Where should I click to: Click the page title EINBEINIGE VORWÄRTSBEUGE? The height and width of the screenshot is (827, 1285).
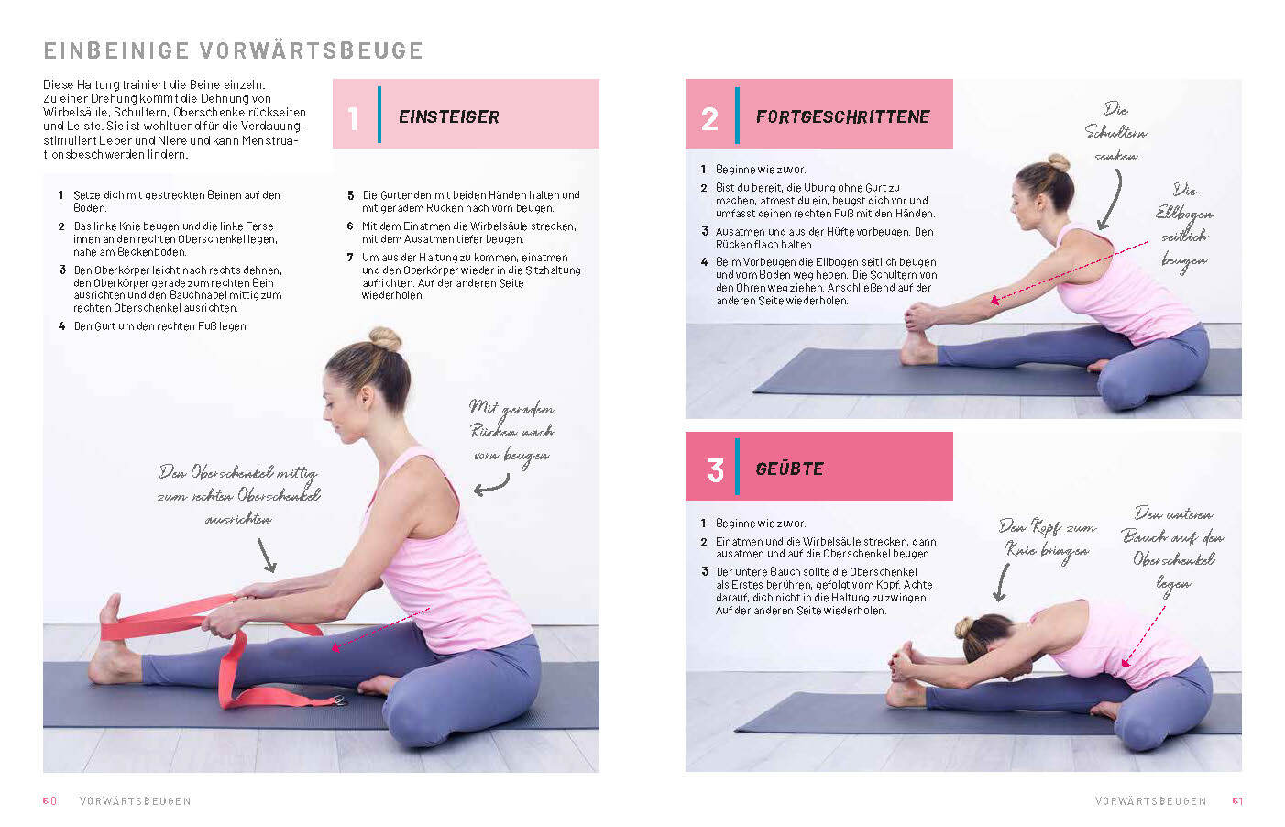[x=234, y=50]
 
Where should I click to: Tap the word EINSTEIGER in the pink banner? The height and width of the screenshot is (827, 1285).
[x=448, y=117]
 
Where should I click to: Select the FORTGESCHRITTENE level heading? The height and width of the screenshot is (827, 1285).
[x=842, y=117]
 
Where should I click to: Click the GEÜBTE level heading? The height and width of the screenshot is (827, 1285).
[x=789, y=469]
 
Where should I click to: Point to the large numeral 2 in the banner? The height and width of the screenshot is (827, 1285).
[x=709, y=119]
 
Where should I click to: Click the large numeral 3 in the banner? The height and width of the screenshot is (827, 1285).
[x=715, y=470]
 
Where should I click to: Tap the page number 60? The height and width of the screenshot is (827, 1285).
[x=49, y=800]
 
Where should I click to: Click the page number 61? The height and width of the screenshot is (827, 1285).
[x=1237, y=800]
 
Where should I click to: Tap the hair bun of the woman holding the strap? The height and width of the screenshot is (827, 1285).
[x=385, y=338]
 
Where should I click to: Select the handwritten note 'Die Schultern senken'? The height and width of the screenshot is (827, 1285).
[x=1115, y=133]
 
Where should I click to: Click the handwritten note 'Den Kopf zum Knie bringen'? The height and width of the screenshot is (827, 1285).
[x=1047, y=539]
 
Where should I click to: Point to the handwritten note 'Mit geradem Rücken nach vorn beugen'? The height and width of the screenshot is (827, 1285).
[x=511, y=432]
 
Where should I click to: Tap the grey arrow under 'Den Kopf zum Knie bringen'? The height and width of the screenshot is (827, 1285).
[x=1002, y=582]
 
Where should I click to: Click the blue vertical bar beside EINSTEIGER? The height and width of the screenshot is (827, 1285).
[x=379, y=115]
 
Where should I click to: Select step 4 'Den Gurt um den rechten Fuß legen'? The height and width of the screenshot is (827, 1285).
[x=154, y=326]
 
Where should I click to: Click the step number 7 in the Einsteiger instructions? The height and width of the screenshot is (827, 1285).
[x=350, y=258]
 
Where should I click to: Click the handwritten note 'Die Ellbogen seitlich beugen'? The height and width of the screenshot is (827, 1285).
[x=1184, y=226]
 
